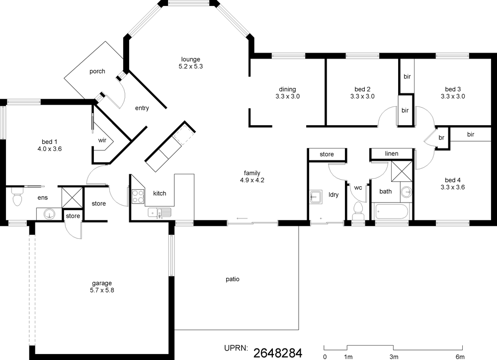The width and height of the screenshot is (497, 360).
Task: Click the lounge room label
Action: tap(190, 59)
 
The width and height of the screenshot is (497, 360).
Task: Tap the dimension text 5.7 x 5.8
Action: tap(102, 290)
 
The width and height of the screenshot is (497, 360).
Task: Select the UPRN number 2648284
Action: tap(278, 353)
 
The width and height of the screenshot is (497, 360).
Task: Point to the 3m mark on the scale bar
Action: tap(394, 357)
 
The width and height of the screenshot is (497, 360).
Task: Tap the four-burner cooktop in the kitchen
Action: tap(138, 196)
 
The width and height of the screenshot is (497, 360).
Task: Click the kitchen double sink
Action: tap(160, 212)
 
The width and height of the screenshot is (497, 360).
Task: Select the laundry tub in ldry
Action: tap(316, 197)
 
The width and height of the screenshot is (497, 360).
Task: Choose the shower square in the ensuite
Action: tap(72, 197)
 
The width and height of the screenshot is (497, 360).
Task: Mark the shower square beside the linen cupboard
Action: tap(402, 171)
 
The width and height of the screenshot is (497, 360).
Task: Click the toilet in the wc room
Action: tap(358, 211)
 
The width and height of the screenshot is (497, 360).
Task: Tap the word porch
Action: tap(97, 71)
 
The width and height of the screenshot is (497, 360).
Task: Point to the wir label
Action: tap(102, 140)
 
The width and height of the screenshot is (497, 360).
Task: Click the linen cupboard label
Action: tap(392, 153)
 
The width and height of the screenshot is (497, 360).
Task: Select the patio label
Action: tap(232, 279)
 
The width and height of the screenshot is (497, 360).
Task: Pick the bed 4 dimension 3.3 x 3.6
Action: tap(453, 187)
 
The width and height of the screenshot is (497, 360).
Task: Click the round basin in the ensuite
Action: tap(49, 214)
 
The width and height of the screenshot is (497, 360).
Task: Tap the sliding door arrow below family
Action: tap(242, 218)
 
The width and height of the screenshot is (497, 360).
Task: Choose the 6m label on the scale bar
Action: tap(460, 357)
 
